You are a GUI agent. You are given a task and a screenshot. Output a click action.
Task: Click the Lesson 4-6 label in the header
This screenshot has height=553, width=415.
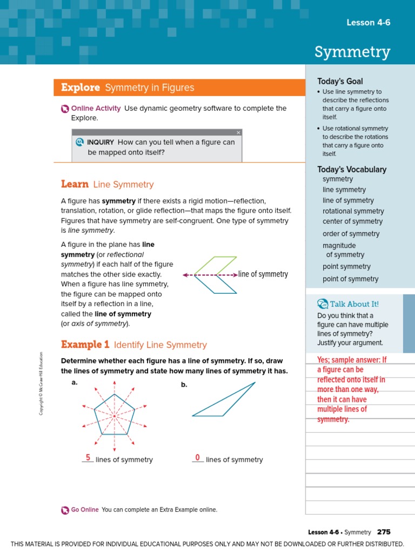tap(368, 22)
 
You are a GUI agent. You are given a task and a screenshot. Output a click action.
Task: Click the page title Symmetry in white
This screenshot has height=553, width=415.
tap(352, 52)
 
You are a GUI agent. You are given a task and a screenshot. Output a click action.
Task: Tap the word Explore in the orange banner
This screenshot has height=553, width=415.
tap(81, 87)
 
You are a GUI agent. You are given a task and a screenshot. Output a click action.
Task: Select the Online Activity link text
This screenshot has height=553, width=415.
tap(96, 108)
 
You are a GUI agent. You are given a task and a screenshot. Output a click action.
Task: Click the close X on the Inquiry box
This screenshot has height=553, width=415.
tap(238, 132)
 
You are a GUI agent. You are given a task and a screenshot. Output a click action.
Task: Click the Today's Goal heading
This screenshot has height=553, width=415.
tap(340, 81)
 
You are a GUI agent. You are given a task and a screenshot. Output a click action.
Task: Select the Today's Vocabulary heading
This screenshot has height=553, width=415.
tap(352, 169)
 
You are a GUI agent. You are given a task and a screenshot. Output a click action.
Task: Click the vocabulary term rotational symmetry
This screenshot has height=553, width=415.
tap(353, 211)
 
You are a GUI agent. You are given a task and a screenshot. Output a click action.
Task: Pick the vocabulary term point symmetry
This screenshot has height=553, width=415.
tap(346, 266)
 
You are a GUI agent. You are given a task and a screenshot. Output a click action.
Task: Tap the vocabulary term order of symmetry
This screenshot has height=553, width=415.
tap(351, 234)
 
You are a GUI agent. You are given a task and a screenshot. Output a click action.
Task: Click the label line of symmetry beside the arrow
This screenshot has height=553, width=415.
tap(263, 274)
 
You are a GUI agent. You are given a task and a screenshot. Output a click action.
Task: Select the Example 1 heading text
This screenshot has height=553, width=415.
tap(85, 345)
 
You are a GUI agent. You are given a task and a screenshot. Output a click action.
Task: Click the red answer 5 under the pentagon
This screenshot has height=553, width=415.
tap(88, 457)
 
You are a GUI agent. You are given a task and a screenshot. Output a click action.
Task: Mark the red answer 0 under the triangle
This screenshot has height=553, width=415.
tap(198, 457)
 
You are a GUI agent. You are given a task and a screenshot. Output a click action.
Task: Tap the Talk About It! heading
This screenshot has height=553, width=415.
tap(354, 304)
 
